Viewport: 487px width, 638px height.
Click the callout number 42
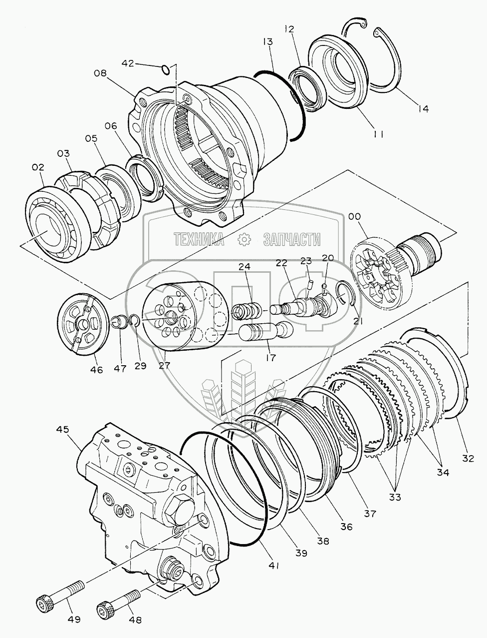pyautogui.click(x=128, y=63)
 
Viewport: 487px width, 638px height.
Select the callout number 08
pyautogui.click(x=100, y=73)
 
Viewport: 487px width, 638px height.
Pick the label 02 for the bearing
pyautogui.click(x=38, y=168)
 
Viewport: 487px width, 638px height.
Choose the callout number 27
pyautogui.click(x=164, y=365)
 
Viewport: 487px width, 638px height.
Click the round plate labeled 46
pyautogui.click(x=83, y=326)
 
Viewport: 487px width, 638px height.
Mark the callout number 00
pyautogui.click(x=355, y=216)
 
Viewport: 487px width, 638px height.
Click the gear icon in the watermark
pyautogui.click(x=244, y=240)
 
